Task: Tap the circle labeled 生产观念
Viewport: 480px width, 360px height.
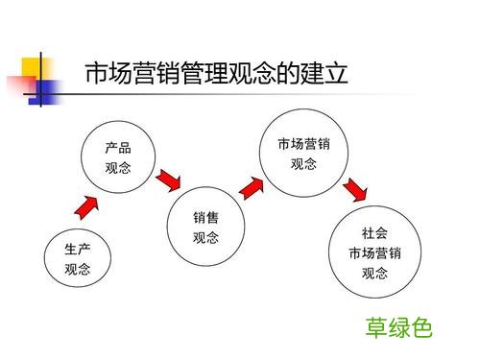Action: click(78, 258)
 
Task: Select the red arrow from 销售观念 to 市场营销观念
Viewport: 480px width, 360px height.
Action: click(252, 185)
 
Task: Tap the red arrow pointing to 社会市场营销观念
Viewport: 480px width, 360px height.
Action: click(354, 188)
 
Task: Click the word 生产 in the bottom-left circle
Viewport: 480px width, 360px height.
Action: click(78, 249)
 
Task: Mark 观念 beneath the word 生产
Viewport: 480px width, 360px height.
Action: click(78, 269)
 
